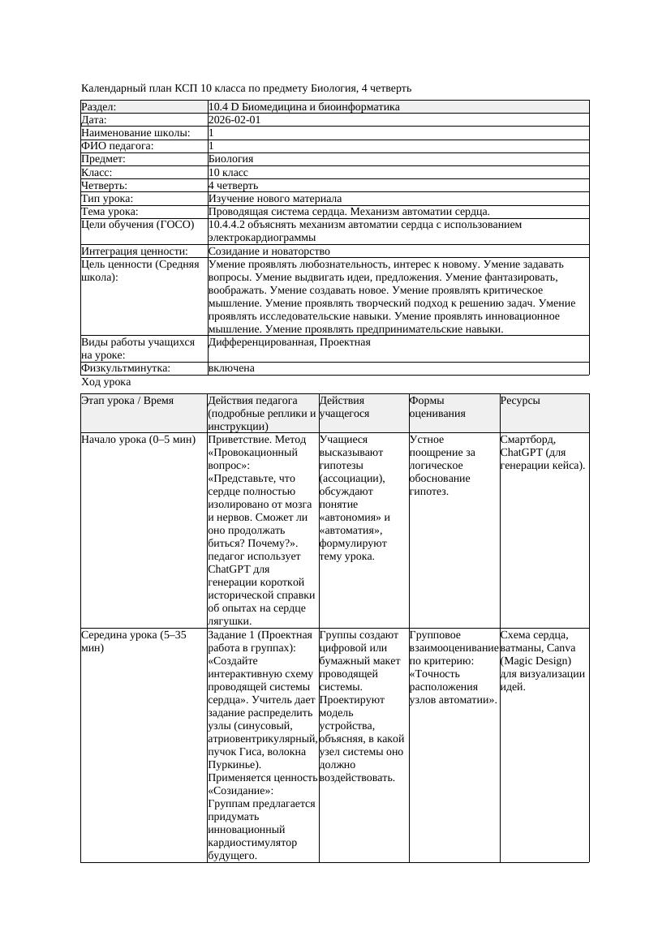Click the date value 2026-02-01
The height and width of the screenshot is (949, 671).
point(234,120)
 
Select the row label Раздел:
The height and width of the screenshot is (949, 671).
point(99,107)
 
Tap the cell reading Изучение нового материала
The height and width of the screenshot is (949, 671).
point(274,199)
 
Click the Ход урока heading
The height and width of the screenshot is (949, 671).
point(106,382)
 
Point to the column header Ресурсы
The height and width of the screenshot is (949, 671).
point(520,401)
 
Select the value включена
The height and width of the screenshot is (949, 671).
point(231,368)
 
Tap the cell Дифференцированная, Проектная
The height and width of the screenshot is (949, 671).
point(289,342)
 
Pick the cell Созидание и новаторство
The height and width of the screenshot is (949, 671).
point(269,251)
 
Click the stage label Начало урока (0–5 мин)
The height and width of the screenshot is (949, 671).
point(139,440)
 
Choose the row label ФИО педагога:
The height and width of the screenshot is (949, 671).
point(118,146)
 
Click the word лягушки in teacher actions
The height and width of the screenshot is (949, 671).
point(230,621)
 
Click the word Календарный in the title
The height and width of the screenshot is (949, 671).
point(113,88)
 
